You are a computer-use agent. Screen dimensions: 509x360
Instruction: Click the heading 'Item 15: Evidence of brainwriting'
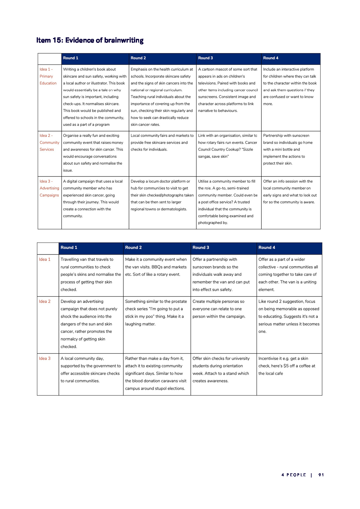pyautogui.click(x=90, y=40)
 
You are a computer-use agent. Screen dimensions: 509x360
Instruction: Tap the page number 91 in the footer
pyautogui.click(x=321, y=475)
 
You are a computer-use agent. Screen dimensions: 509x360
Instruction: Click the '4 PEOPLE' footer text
pyautogui.click(x=293, y=475)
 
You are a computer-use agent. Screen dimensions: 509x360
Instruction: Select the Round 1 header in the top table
pyautogui.click(x=71, y=58)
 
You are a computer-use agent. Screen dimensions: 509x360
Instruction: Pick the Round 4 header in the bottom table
pyautogui.click(x=267, y=247)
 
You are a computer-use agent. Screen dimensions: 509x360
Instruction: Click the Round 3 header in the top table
pyautogui.click(x=205, y=58)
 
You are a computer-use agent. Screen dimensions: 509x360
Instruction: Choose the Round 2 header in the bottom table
pyautogui.click(x=133, y=247)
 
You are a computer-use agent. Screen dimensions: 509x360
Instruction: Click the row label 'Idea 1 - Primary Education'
pyautogui.click(x=48, y=76)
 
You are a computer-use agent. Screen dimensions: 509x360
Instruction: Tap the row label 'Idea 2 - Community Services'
pyautogui.click(x=49, y=143)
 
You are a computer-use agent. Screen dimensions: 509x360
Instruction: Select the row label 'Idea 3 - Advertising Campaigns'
pyautogui.click(x=49, y=188)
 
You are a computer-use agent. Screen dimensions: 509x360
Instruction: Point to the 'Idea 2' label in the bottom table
pyautogui.click(x=45, y=301)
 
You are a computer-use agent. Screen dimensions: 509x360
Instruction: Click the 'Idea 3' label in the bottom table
pyautogui.click(x=45, y=358)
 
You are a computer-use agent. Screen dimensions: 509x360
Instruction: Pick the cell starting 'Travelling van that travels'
pyautogui.click(x=90, y=274)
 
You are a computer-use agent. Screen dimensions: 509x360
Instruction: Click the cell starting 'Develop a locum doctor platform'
pyautogui.click(x=162, y=195)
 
